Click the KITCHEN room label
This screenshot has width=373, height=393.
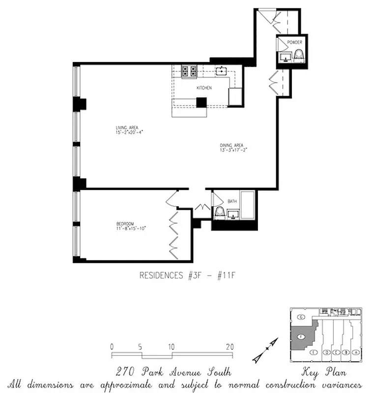[204, 88]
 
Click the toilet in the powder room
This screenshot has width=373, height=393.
[298, 56]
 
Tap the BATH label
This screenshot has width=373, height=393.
[232, 201]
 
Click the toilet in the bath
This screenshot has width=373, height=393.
[220, 211]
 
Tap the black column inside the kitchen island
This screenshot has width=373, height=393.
[201, 103]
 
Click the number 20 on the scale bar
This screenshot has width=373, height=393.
[230, 347]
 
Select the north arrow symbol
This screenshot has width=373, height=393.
[265, 349]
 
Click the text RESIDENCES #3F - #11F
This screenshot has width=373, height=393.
[188, 276]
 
